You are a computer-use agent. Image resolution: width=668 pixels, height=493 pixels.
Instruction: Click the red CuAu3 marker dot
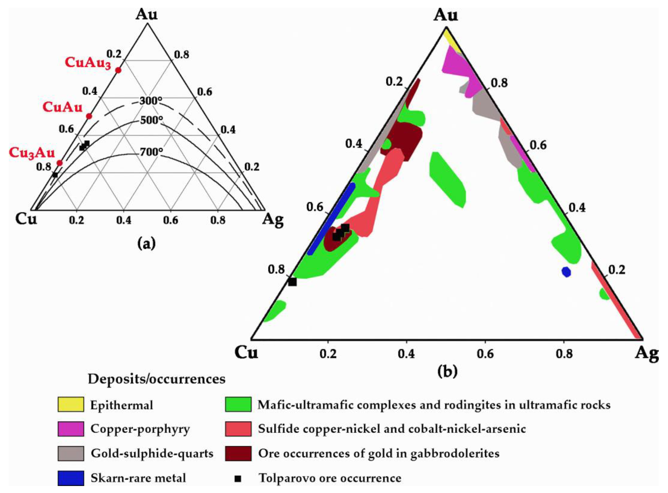pyautogui.click(x=118, y=70)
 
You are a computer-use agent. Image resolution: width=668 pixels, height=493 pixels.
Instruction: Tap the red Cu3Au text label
pyautogui.click(x=32, y=153)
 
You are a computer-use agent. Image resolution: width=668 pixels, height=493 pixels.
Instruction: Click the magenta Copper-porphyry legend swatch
pyautogui.click(x=71, y=429)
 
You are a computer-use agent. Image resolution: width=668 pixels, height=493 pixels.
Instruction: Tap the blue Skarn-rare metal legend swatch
pyautogui.click(x=71, y=478)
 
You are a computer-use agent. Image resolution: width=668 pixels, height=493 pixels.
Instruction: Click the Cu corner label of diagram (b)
pyautogui.click(x=246, y=353)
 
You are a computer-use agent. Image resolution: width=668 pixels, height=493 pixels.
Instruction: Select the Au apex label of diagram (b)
pyautogui.click(x=445, y=15)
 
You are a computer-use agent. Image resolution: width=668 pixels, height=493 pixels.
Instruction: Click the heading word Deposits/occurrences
pyautogui.click(x=157, y=379)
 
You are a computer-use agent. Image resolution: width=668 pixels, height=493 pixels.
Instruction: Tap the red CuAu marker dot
pyautogui.click(x=89, y=116)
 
